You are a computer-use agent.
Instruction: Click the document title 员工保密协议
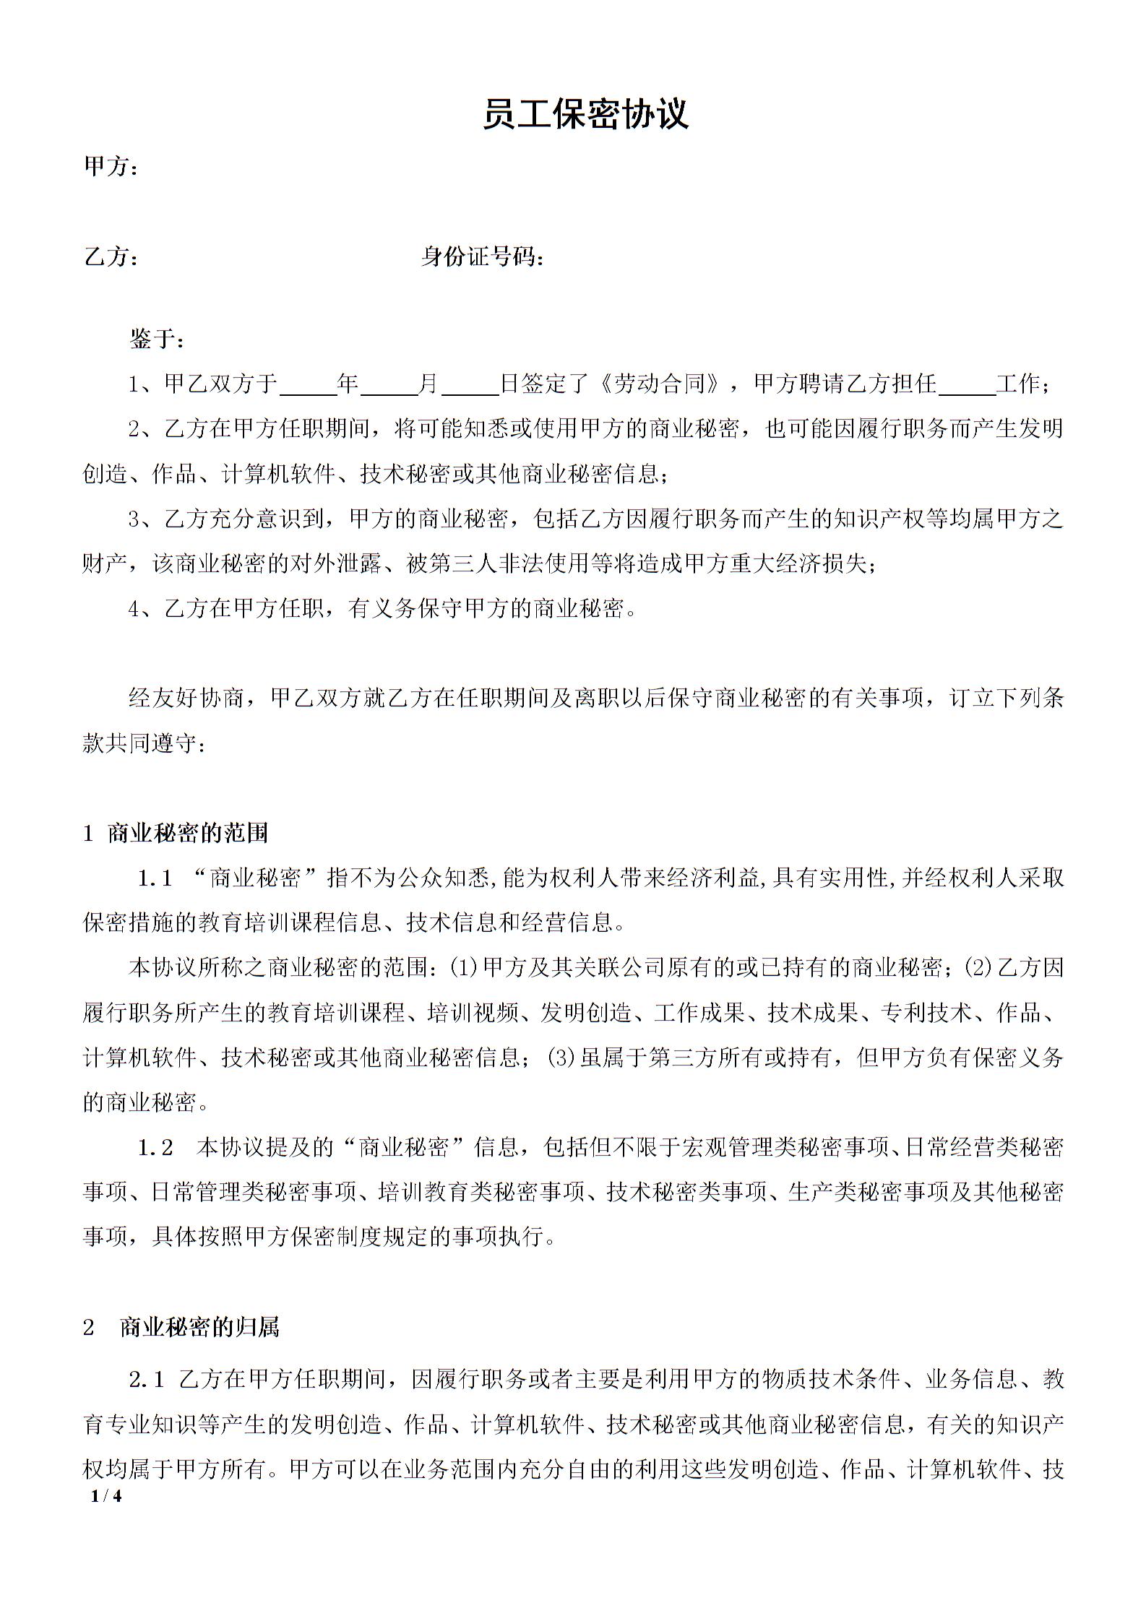coord(585,115)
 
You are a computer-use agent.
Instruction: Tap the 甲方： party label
coord(111,167)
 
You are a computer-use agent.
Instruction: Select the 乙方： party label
coord(111,256)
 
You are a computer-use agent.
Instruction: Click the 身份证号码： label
coord(482,256)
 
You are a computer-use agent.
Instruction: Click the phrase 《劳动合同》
coord(660,384)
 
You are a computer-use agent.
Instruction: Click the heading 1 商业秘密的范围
coord(176,833)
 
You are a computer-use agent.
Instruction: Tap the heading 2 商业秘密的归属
coord(181,1328)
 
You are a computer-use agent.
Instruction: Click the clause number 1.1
coord(155,878)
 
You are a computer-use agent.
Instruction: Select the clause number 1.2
coord(155,1148)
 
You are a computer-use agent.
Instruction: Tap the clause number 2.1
coord(147,1380)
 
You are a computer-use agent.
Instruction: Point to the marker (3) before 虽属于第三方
coord(561,1058)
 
